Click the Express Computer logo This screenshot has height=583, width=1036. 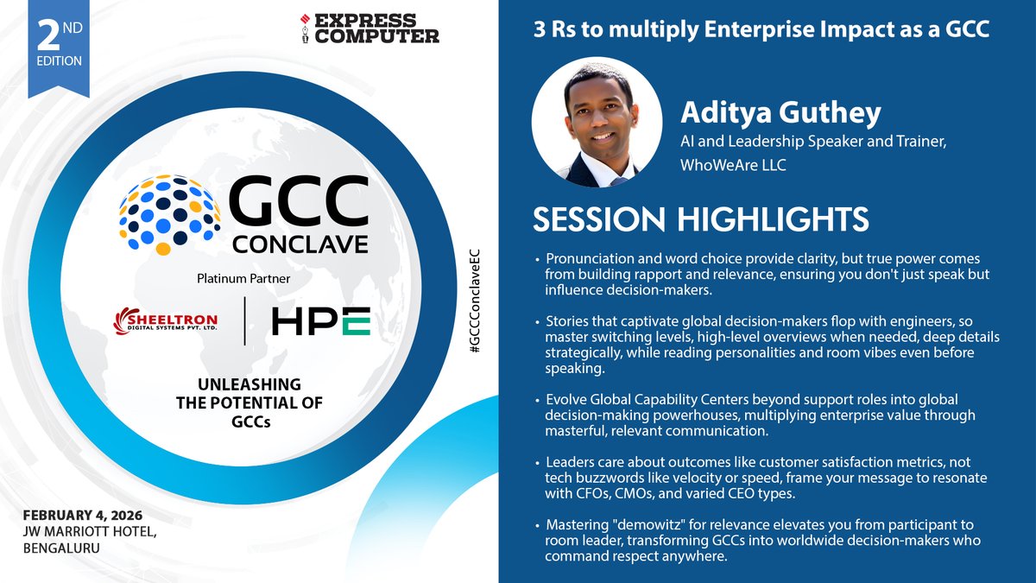(369, 29)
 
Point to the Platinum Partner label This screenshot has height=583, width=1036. (244, 280)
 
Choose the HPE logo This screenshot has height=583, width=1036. (320, 321)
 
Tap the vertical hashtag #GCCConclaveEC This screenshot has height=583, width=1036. (474, 307)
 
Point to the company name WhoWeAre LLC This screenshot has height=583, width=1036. (733, 164)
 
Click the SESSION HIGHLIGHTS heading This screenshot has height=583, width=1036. (700, 219)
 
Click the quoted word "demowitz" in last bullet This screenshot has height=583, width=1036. (643, 525)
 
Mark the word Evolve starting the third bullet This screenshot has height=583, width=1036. (565, 399)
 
